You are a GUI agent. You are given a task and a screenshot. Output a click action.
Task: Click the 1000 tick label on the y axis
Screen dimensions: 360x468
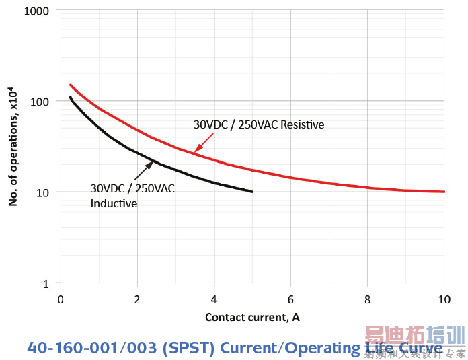coord(38,11)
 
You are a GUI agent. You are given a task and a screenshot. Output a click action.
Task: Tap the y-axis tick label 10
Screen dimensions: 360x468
coord(43,192)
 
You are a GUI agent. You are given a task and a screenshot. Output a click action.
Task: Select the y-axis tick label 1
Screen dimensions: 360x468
coord(46,284)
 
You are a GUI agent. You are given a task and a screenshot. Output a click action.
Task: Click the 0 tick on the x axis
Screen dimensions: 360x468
coord(61,299)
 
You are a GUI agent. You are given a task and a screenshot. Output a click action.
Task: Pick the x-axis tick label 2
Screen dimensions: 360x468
coord(137,299)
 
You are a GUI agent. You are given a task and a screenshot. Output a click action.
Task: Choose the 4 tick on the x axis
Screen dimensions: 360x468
coord(214,299)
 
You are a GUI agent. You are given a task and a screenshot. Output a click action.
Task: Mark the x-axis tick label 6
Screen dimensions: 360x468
coord(290,299)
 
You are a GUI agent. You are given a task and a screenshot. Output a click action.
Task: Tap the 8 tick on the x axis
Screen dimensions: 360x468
coord(367,299)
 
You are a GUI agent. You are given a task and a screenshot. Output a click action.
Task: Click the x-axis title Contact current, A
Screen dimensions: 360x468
coord(252,317)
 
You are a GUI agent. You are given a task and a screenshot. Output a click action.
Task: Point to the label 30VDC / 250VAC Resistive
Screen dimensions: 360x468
coord(259,124)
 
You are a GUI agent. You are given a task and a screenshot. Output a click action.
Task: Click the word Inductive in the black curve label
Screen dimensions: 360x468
coord(114,203)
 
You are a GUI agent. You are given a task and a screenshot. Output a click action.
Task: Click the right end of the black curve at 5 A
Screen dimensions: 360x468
coord(252,192)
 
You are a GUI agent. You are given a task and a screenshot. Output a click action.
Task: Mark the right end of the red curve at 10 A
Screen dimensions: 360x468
coord(443,192)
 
